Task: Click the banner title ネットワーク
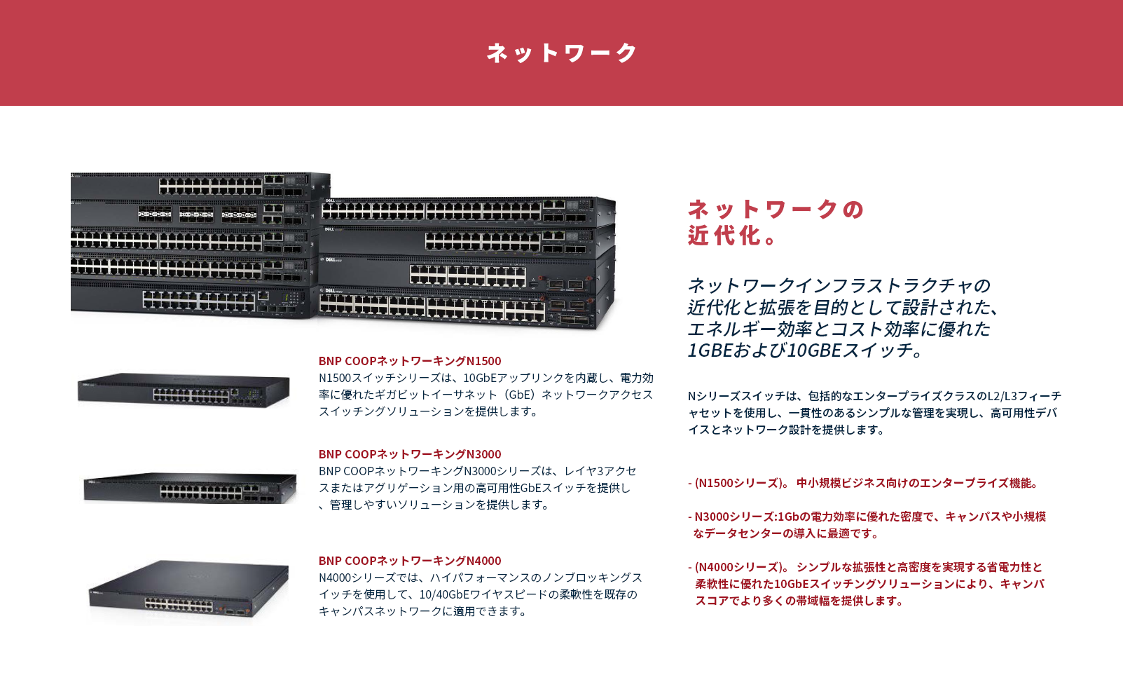[561, 53]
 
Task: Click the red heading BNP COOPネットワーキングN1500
[410, 361]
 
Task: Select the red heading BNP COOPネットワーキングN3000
[410, 454]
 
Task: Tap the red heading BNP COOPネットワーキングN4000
[410, 561]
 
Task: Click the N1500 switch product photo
[184, 390]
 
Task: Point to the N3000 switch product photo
[189, 487]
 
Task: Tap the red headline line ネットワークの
[776, 209]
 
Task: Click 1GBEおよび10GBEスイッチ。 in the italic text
[806, 350]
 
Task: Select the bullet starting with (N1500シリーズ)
[865, 483]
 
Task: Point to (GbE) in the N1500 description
[519, 395]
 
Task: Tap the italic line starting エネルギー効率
[839, 329]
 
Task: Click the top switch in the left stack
[200, 186]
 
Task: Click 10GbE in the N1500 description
[479, 378]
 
